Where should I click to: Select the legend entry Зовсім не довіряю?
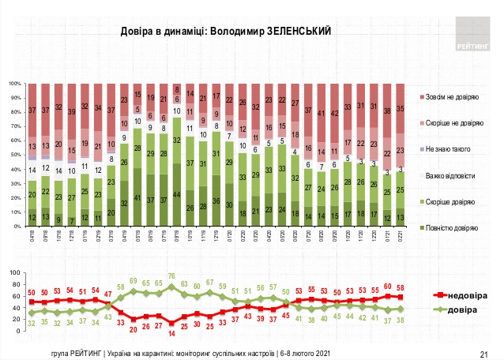click(x=449, y=97)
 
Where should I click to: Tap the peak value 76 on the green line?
click(x=171, y=276)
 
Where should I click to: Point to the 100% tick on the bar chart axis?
click(x=15, y=83)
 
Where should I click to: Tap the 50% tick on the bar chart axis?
click(x=17, y=155)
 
